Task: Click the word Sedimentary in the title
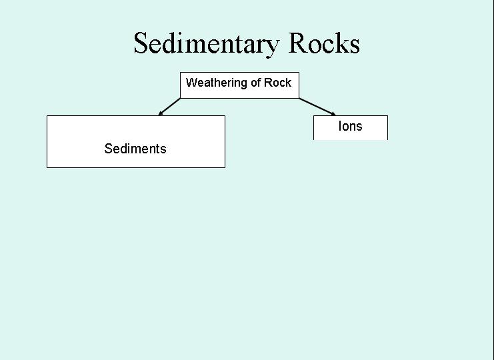pos(207,44)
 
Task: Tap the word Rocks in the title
pos(324,43)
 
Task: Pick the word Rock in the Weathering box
pos(277,83)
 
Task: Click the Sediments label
pos(135,149)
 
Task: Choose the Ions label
pos(351,126)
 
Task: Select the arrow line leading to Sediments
pos(169,107)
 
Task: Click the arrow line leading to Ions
pos(317,107)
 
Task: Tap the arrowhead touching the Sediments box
pos(160,113)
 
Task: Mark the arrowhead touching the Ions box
pos(333,114)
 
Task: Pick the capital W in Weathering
pos(191,83)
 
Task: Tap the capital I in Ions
pos(340,126)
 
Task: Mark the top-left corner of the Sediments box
pos(47,115)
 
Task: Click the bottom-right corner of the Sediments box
pos(225,167)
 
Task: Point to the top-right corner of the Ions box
pos(388,115)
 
